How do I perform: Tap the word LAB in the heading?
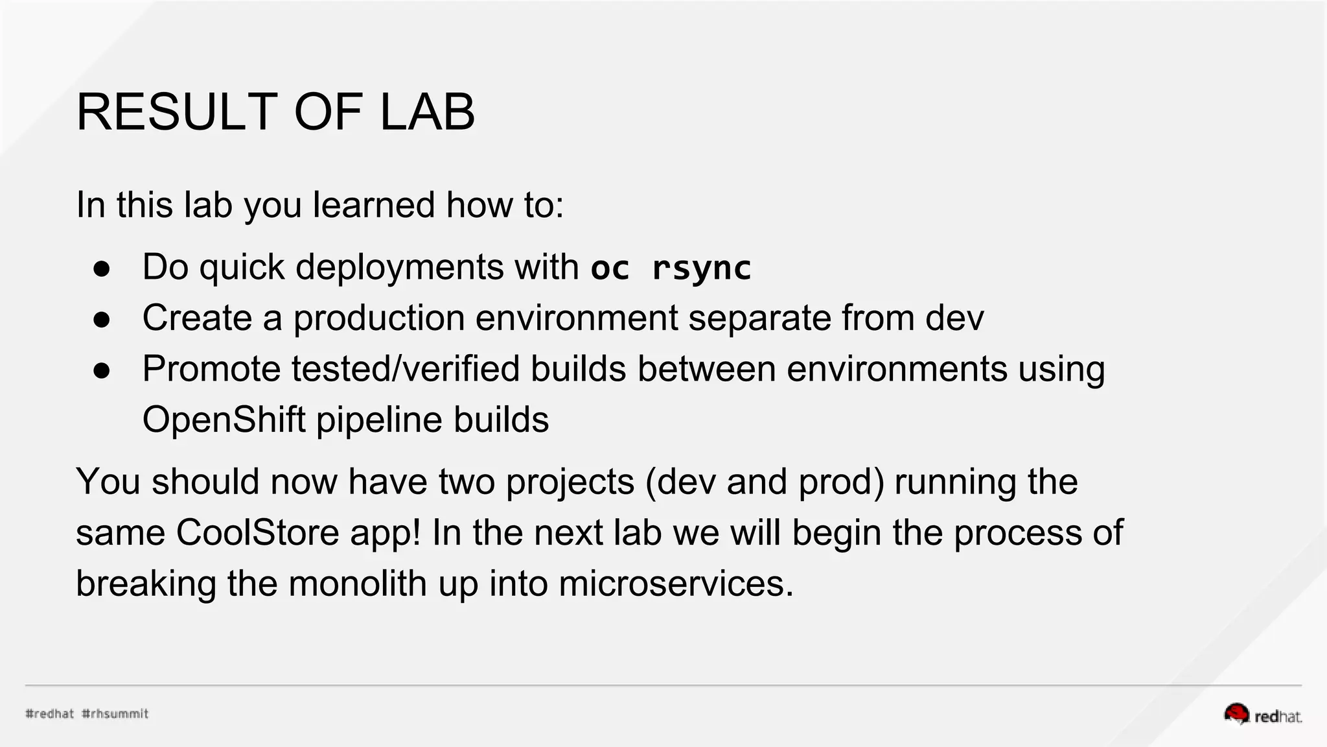coord(427,112)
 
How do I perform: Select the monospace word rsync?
coord(701,268)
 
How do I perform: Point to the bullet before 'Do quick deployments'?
coord(102,268)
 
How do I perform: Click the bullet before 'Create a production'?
coord(102,319)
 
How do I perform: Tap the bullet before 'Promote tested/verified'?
coord(102,370)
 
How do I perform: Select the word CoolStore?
coord(257,532)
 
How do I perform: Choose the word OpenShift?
coord(224,420)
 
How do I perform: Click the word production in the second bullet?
coord(379,318)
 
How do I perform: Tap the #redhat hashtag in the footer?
coord(50,714)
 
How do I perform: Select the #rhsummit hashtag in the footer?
coord(115,714)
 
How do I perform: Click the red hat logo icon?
coord(1236,713)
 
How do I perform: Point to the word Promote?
coord(211,369)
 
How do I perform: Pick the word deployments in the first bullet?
coord(400,267)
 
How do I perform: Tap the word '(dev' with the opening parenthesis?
coord(680,482)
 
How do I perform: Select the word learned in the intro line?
coord(374,205)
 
